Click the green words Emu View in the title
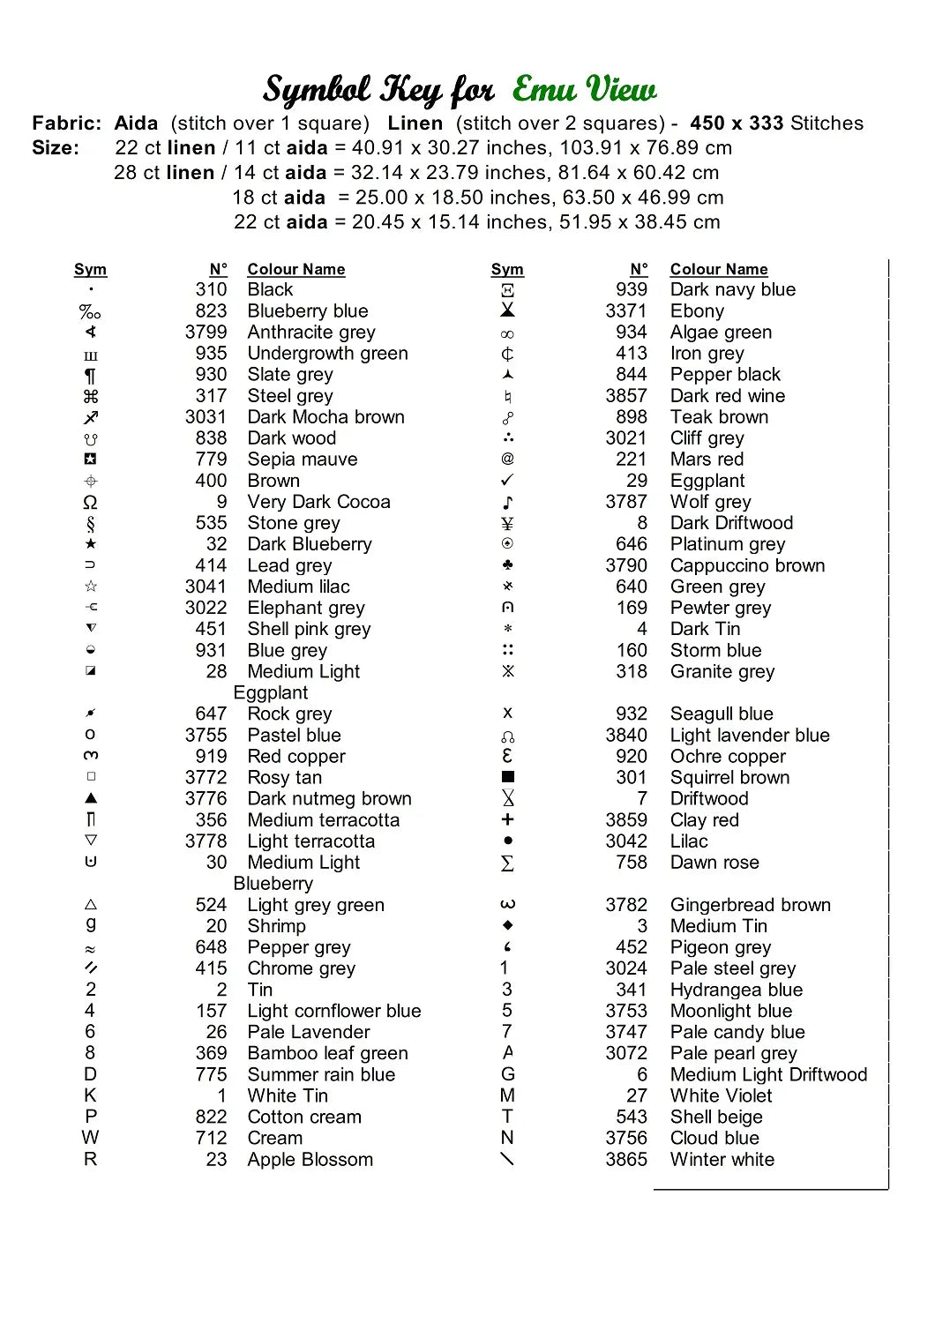[x=584, y=89]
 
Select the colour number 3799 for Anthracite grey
[x=206, y=333]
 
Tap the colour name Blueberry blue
[x=308, y=311]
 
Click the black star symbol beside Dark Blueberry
[x=91, y=544]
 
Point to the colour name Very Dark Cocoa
[x=318, y=502]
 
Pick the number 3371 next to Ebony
[x=626, y=311]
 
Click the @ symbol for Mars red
[x=507, y=459]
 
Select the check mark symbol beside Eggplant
[x=507, y=481]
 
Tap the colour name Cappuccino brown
[x=747, y=565]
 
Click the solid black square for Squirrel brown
[x=507, y=777]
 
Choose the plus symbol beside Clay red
[x=507, y=819]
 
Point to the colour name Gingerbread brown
[x=750, y=905]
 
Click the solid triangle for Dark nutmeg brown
[x=91, y=798]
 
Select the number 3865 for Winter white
[x=626, y=1160]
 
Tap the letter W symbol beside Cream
[x=91, y=1138]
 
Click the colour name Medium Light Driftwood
[x=768, y=1074]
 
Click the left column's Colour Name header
[x=295, y=269]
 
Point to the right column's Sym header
[x=507, y=269]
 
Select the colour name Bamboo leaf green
[x=327, y=1053]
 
